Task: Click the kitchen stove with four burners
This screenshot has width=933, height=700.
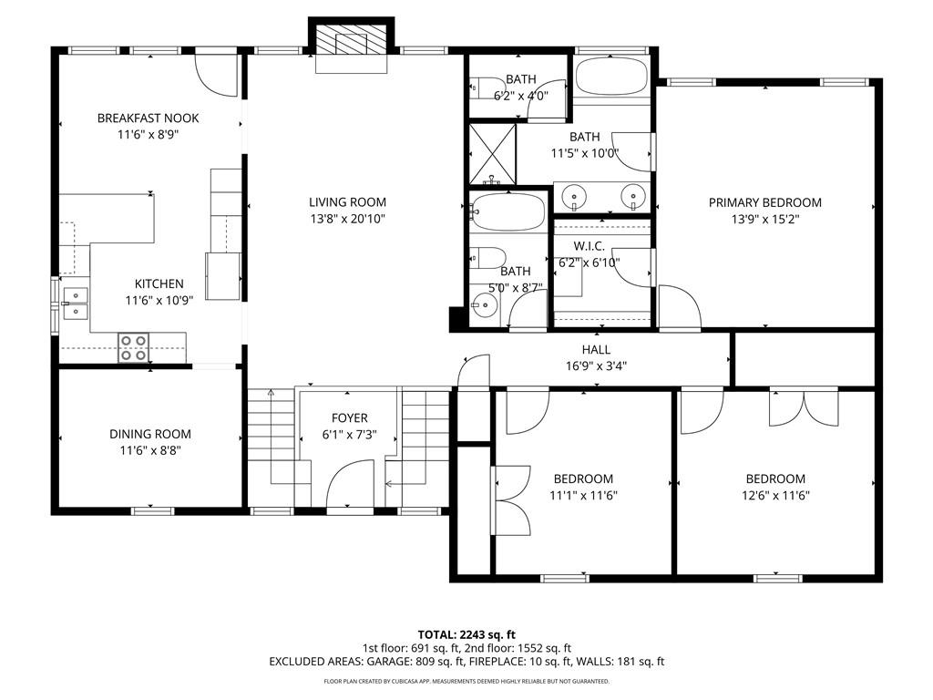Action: tap(133, 347)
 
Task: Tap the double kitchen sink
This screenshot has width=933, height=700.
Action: tap(76, 303)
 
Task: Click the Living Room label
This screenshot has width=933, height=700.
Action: tap(347, 202)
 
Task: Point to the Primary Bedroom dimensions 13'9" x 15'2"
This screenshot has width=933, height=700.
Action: tap(765, 219)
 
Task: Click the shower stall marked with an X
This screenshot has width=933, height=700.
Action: tap(492, 153)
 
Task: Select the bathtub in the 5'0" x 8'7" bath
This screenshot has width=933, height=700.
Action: tap(507, 211)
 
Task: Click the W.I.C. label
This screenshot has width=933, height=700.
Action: tap(590, 246)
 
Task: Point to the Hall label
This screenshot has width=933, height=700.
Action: tap(596, 349)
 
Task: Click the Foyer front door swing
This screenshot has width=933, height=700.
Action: tap(350, 485)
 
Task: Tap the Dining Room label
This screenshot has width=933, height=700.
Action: tap(150, 434)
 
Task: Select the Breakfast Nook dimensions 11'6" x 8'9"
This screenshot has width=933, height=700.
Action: tap(149, 135)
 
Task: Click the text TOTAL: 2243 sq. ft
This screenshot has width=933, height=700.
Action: tap(466, 634)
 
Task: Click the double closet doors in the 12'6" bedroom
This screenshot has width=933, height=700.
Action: tap(804, 407)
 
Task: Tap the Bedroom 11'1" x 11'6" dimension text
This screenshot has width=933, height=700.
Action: tap(584, 495)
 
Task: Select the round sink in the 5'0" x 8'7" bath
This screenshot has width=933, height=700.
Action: tap(484, 306)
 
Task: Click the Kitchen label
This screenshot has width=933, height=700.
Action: tap(159, 284)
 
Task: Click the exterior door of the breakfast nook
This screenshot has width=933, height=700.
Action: tap(217, 71)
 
